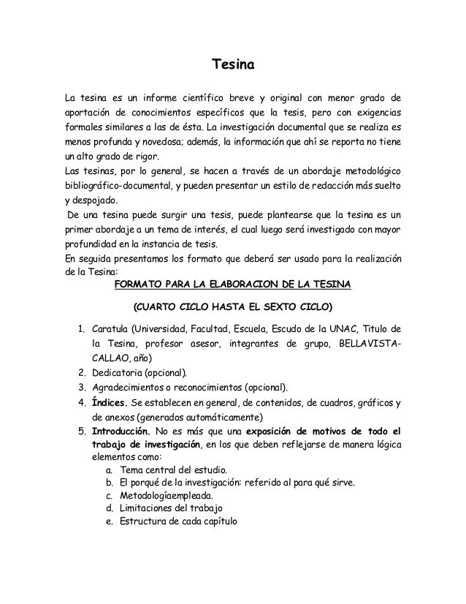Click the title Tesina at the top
tap(232, 66)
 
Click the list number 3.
tap(82, 387)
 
